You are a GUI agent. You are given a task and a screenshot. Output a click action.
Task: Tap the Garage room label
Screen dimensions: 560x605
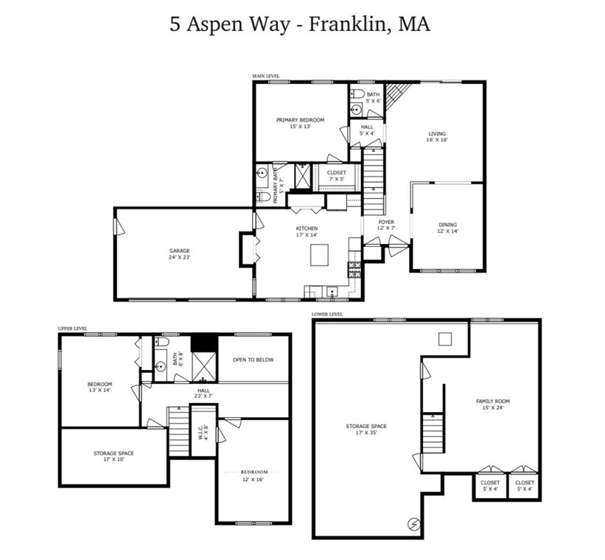(179, 254)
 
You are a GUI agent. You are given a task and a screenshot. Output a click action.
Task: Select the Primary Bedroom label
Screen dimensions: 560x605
(300, 123)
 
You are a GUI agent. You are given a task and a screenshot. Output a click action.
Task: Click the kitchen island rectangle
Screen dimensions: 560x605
(320, 255)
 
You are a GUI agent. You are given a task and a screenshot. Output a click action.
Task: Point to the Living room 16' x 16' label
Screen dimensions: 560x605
(438, 136)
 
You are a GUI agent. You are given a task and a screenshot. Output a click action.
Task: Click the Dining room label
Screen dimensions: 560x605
(447, 228)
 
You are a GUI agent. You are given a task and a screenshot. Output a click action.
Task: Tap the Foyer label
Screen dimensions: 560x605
(386, 225)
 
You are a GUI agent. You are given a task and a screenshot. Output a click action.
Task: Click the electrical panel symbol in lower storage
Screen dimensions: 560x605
(413, 524)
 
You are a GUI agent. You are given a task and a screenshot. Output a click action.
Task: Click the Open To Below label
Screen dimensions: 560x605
(253, 360)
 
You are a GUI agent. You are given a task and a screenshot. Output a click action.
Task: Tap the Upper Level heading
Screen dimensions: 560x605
(73, 329)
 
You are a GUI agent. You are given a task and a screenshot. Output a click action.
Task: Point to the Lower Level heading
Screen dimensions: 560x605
(327, 314)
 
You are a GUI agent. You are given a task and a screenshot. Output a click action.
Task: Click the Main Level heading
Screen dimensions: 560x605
(266, 76)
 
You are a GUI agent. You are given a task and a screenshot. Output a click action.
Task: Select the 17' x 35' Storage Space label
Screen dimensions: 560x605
(366, 430)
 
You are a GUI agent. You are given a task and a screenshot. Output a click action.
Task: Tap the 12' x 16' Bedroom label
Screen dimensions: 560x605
(253, 475)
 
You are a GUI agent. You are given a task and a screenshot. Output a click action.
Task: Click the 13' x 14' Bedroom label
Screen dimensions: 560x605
(99, 388)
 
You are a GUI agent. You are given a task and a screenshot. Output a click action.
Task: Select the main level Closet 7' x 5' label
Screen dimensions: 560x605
(336, 175)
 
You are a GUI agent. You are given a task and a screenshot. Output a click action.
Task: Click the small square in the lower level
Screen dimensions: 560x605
(444, 339)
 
